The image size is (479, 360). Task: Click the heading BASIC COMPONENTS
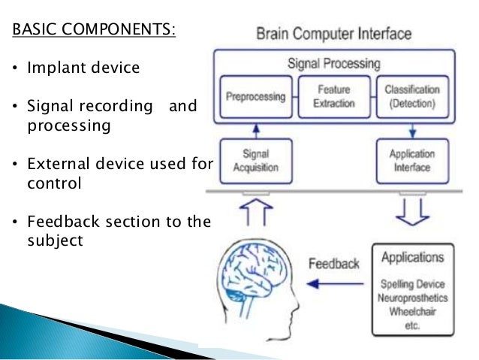coord(93,32)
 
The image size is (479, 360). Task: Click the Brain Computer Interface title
coord(333,34)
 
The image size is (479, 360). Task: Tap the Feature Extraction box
coord(334,97)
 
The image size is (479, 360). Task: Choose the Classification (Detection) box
coord(411,97)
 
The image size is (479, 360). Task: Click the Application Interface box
coord(411,161)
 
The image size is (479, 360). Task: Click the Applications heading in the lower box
coord(412,258)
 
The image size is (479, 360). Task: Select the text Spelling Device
coord(412,285)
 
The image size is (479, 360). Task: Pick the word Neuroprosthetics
coord(412,298)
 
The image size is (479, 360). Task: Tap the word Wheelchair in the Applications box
coord(412,310)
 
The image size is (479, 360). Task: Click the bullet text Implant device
coord(83,68)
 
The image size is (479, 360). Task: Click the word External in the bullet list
coord(57,163)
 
